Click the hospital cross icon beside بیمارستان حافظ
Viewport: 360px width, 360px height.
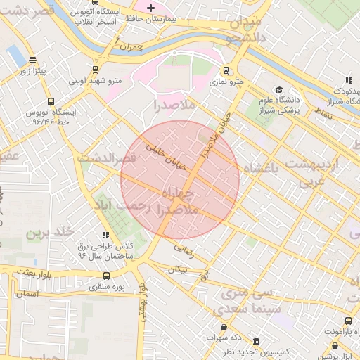[150, 8]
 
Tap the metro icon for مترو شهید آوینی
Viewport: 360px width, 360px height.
[95, 70]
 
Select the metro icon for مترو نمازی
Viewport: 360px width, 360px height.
[226, 70]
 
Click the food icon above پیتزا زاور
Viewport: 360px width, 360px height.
[32, 60]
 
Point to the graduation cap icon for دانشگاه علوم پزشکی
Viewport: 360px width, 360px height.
[279, 90]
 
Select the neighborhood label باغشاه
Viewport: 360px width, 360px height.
[261, 167]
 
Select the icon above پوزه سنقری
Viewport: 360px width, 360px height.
[106, 276]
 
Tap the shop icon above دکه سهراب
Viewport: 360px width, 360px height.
[224, 327]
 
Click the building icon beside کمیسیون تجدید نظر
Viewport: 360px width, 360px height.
[255, 342]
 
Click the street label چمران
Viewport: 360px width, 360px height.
[131, 47]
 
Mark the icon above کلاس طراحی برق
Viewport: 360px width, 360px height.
[105, 235]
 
